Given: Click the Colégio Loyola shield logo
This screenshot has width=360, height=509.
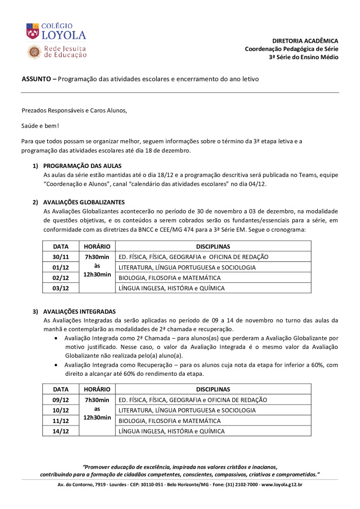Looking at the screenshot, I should click(33, 31).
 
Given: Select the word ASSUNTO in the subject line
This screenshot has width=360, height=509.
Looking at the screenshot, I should click(36, 79).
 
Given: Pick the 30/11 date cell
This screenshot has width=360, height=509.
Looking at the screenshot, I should click(60, 257).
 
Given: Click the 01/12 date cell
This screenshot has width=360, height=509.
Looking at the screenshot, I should click(60, 267).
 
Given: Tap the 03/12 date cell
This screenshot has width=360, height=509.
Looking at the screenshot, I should click(60, 288).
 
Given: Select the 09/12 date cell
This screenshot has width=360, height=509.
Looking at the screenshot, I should click(60, 400).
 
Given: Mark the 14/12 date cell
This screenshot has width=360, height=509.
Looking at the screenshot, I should click(60, 431).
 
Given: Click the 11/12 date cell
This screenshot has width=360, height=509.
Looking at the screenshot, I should click(60, 421).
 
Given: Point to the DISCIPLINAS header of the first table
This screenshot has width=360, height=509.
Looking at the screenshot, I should click(213, 247).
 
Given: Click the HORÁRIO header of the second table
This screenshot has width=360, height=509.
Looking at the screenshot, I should click(97, 389).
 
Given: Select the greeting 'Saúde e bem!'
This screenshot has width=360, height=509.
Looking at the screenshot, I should click(41, 126).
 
